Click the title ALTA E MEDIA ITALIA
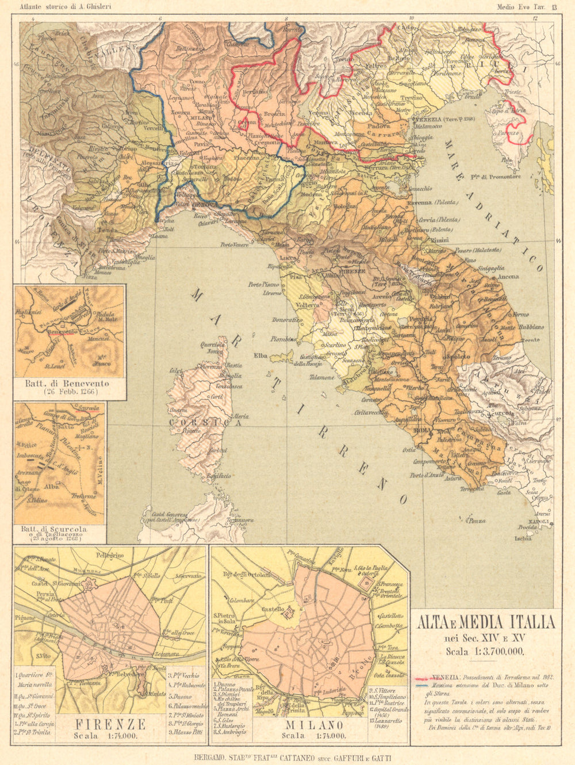485,622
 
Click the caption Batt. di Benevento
67,382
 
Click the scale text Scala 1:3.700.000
485,651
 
